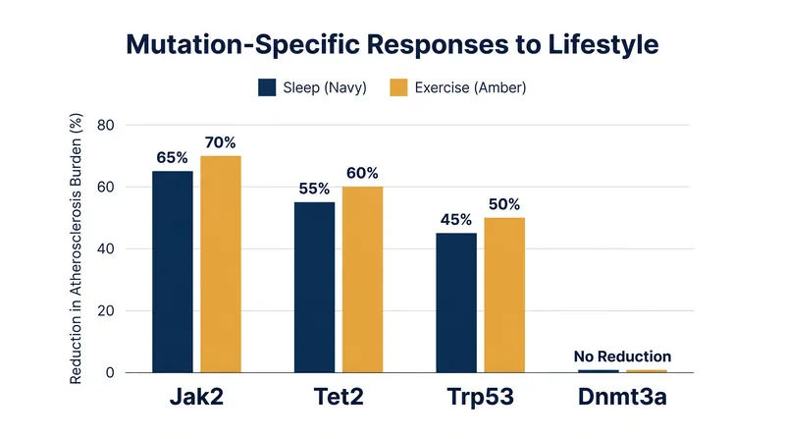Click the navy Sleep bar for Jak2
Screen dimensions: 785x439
(x=173, y=272)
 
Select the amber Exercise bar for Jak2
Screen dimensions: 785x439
(x=221, y=264)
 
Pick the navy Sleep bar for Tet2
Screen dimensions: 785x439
(x=314, y=287)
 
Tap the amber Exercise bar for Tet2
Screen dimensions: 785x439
(x=362, y=280)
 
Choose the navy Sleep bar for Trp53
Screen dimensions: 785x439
(x=456, y=302)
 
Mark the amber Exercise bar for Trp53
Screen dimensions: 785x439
(x=504, y=296)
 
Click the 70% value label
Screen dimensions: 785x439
(x=220, y=142)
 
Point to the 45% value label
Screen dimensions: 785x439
(x=456, y=220)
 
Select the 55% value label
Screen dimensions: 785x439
(x=314, y=189)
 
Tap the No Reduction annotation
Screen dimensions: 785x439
(x=622, y=357)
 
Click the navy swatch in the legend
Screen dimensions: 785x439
(x=267, y=87)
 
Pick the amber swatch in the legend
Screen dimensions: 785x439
(x=398, y=87)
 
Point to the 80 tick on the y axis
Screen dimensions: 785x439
(x=106, y=125)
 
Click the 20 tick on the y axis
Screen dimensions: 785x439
(x=106, y=310)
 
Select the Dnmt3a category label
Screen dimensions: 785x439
(x=622, y=397)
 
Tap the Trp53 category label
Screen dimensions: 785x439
(x=480, y=397)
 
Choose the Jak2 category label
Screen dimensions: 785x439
(x=196, y=397)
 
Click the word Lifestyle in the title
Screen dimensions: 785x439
(x=603, y=44)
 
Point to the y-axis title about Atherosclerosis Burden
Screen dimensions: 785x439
(x=76, y=249)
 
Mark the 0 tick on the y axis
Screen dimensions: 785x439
(x=110, y=373)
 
